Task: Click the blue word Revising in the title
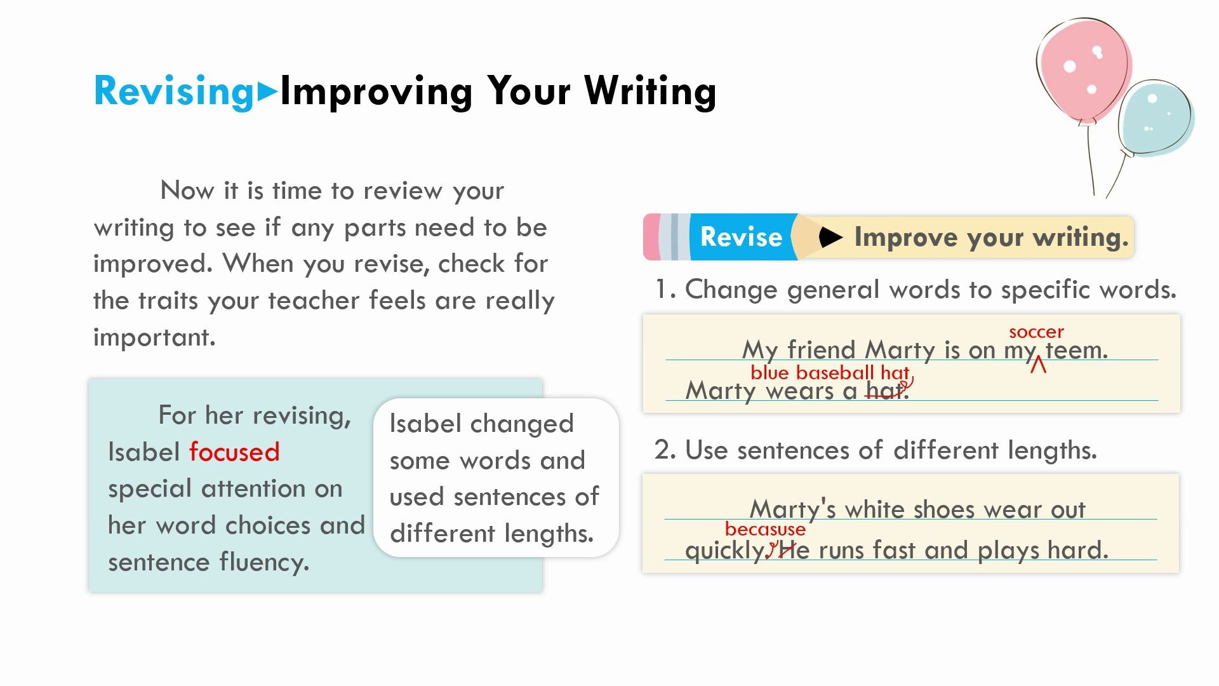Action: pos(173,91)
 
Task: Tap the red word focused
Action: pos(234,452)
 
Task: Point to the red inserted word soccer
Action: pos(1036,332)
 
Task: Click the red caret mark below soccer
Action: pos(1038,365)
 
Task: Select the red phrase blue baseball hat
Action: pos(830,373)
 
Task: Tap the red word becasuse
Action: pos(765,529)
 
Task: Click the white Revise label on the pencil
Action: pos(741,237)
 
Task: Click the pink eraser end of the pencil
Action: pos(651,237)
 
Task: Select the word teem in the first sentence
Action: pos(1076,350)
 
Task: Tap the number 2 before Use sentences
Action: pos(665,450)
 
